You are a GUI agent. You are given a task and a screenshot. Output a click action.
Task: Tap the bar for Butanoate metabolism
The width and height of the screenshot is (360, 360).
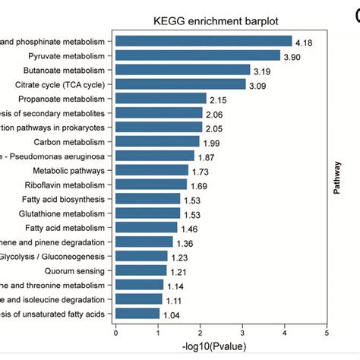[x=182, y=70]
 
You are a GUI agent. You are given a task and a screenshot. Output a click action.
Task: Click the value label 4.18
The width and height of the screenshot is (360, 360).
[x=305, y=41]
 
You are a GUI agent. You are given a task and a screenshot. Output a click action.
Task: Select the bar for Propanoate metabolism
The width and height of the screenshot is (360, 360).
[x=160, y=99]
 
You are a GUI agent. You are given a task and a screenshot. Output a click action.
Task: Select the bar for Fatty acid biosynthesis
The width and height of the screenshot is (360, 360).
[x=147, y=199]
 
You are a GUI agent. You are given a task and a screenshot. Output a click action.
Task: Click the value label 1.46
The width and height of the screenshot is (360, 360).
[x=189, y=228]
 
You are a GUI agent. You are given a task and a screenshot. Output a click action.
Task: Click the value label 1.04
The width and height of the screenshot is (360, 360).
[x=172, y=314]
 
